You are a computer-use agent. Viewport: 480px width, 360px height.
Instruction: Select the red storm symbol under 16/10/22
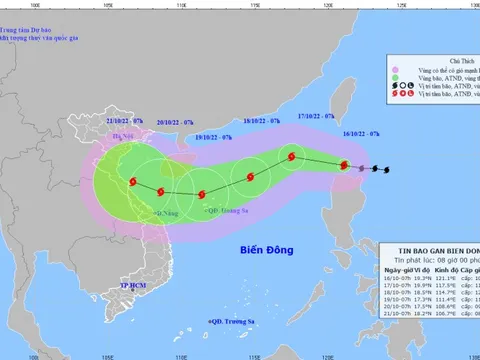pyautogui.click(x=345, y=166)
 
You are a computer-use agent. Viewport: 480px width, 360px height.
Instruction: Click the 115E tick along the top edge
pyautogui.click(x=255, y=6)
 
